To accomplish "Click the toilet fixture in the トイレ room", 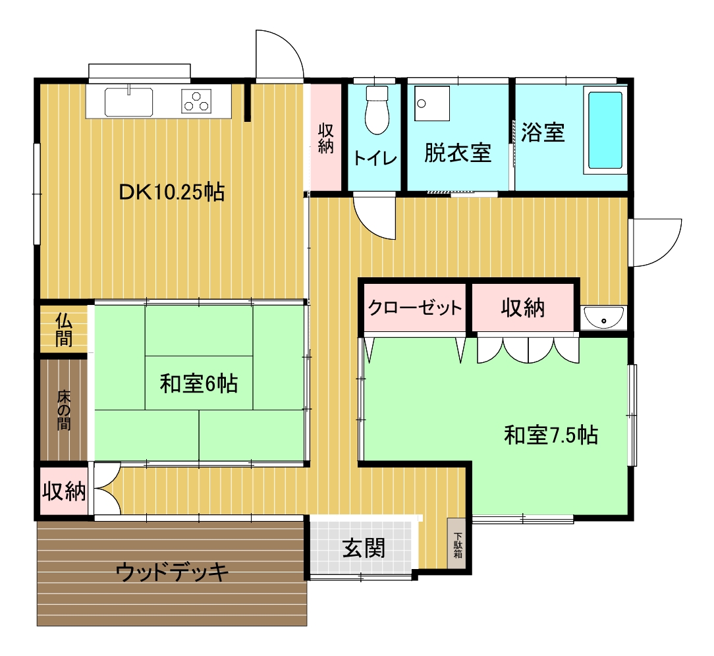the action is pyautogui.click(x=377, y=110).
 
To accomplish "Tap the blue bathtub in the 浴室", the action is pyautogui.click(x=605, y=130).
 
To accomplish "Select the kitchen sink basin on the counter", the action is pyautogui.click(x=129, y=102).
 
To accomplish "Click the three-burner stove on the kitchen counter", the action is pyautogui.click(x=197, y=101).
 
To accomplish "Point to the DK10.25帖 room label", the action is pyautogui.click(x=172, y=192).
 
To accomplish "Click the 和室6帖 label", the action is pyautogui.click(x=198, y=383).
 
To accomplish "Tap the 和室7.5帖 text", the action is pyautogui.click(x=551, y=435).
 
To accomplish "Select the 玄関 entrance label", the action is pyautogui.click(x=364, y=547).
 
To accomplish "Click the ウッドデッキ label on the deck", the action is pyautogui.click(x=172, y=572).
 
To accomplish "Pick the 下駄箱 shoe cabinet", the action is pyautogui.click(x=456, y=543).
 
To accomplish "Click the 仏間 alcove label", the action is pyautogui.click(x=64, y=330).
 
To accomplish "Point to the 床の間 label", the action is pyautogui.click(x=64, y=410).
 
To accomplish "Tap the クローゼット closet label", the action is pyautogui.click(x=415, y=308).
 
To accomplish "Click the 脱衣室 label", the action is pyautogui.click(x=458, y=153).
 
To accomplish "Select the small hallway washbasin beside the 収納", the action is pyautogui.click(x=604, y=317).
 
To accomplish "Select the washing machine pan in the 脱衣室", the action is pyautogui.click(x=431, y=103).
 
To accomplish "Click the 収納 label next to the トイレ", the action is pyautogui.click(x=325, y=138).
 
